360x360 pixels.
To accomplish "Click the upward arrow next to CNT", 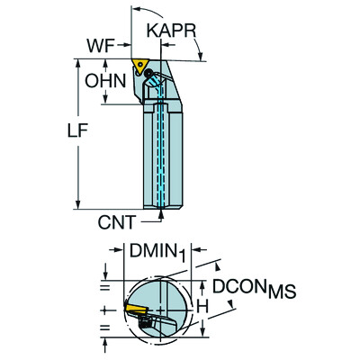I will click(159, 213).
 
